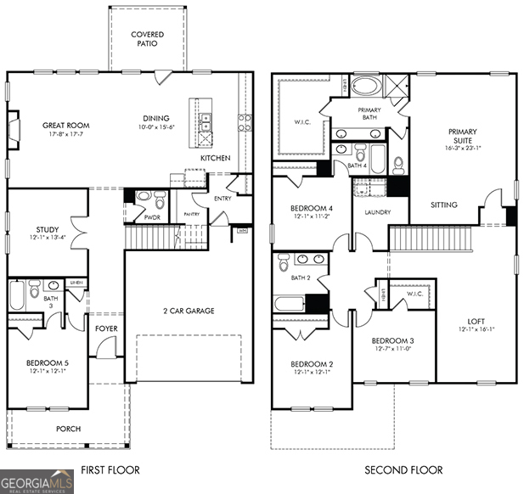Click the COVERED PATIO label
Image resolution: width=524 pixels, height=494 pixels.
pyautogui.click(x=147, y=40)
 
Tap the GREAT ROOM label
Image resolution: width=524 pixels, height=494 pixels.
pyautogui.click(x=66, y=126)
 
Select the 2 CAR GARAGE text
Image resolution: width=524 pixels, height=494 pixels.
pyautogui.click(x=189, y=311)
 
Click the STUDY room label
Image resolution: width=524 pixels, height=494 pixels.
pyautogui.click(x=47, y=229)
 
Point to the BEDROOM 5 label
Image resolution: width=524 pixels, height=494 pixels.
pyautogui.click(x=47, y=363)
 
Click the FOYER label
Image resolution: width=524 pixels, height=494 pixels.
pyautogui.click(x=106, y=328)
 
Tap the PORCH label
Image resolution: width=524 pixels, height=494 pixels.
pyautogui.click(x=68, y=429)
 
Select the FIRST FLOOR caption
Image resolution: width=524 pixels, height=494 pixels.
pyautogui.click(x=110, y=469)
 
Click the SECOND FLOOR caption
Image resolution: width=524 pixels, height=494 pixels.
pyautogui.click(x=403, y=469)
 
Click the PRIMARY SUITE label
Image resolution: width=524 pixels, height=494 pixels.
pyautogui.click(x=462, y=137)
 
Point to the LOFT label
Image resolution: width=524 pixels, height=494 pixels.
pyautogui.click(x=476, y=322)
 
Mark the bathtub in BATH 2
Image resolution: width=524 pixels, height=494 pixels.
pyautogui.click(x=289, y=303)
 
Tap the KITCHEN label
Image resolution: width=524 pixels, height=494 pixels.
pyautogui.click(x=215, y=159)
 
